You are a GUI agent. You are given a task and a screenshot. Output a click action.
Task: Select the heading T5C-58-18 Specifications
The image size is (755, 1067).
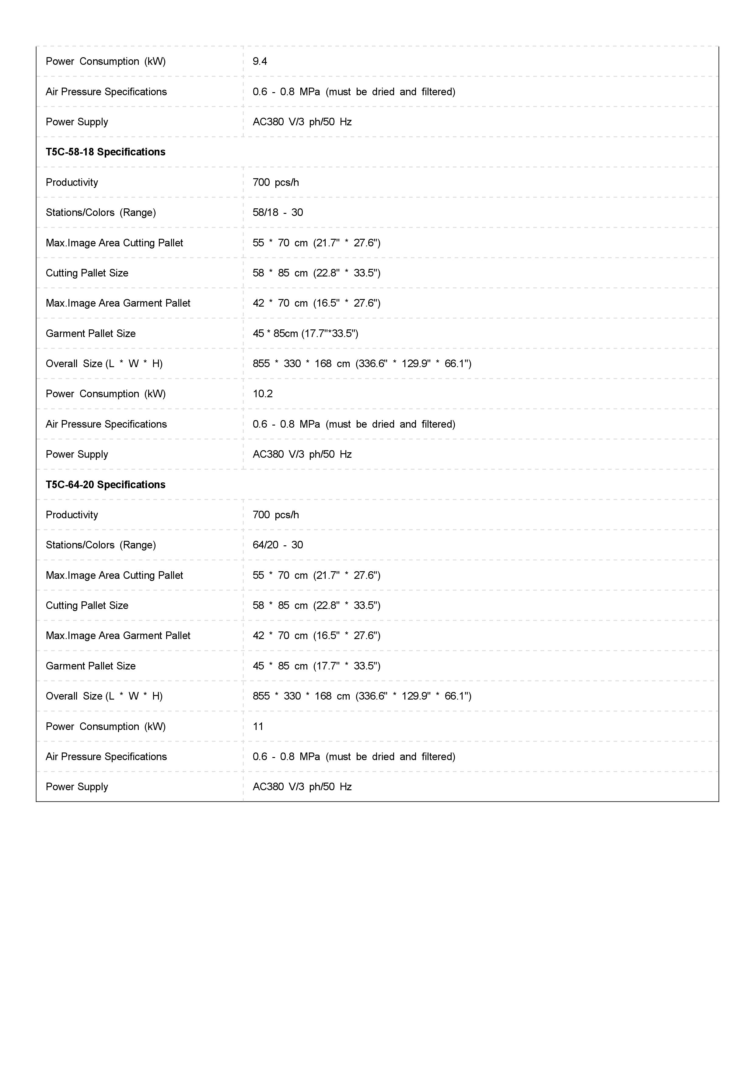(x=106, y=152)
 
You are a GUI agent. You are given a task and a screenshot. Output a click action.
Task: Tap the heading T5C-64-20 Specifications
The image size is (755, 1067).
(x=106, y=485)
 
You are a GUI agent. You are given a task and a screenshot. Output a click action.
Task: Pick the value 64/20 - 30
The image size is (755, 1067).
(x=278, y=545)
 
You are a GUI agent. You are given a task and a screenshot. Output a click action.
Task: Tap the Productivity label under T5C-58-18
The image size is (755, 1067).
(x=72, y=182)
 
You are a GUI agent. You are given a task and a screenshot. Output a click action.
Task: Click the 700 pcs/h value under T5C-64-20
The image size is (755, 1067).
(x=276, y=515)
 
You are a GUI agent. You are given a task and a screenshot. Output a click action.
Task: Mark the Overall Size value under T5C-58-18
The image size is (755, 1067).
(x=362, y=363)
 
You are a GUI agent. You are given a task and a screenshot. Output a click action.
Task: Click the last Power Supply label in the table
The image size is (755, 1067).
(x=77, y=787)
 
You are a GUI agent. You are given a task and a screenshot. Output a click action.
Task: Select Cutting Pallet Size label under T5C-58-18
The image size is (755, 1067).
(x=87, y=273)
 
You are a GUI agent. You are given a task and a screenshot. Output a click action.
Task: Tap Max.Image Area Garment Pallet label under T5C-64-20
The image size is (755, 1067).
(x=118, y=636)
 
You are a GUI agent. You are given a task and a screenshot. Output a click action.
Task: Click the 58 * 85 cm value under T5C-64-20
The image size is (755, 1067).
(x=316, y=606)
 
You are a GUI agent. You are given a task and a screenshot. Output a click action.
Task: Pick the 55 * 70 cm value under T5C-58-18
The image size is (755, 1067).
(x=316, y=243)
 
